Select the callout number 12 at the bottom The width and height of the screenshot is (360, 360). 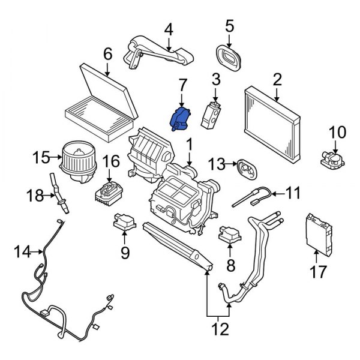(x=220, y=329)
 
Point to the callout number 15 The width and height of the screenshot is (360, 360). (x=41, y=159)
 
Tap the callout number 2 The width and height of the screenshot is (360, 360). (x=277, y=79)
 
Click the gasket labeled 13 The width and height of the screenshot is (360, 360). (x=244, y=167)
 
